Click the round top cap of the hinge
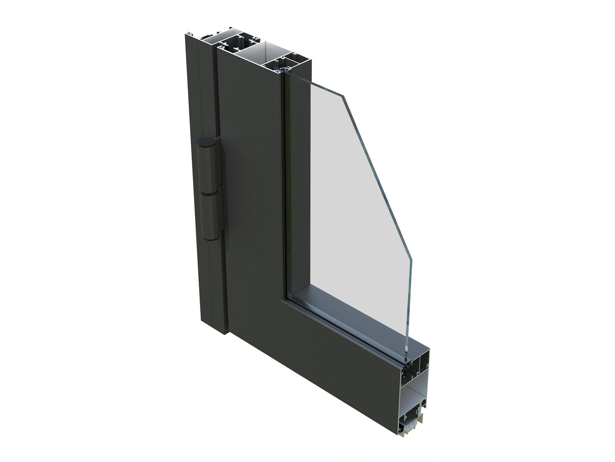[x=207, y=143]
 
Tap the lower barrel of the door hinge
[x=212, y=216]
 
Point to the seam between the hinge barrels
[x=210, y=193]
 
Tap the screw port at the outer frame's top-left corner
[x=188, y=34]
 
